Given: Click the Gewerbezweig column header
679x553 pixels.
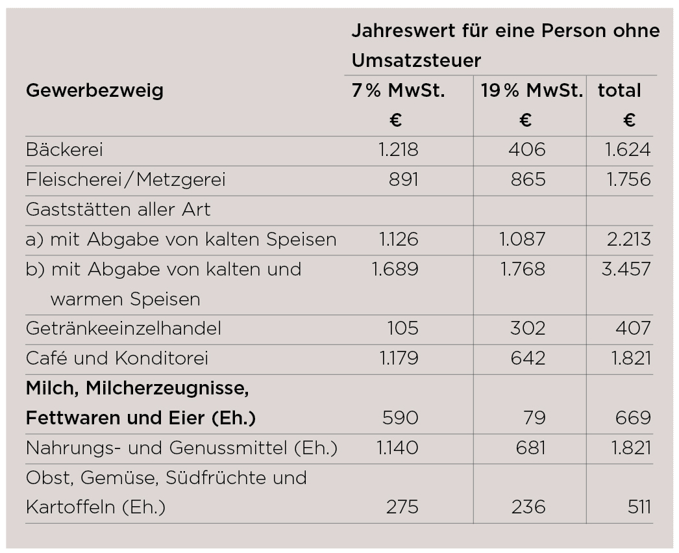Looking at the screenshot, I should [94, 90].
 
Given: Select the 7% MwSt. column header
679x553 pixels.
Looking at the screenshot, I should [398, 90].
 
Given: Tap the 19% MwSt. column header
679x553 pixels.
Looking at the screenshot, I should [532, 90].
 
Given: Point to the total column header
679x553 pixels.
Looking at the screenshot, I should [619, 90].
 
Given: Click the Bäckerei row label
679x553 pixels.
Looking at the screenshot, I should [64, 150].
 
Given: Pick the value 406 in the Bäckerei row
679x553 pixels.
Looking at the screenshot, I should [526, 150].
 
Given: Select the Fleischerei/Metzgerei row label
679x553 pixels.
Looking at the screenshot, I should [125, 179].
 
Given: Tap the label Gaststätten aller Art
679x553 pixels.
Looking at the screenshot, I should [118, 209].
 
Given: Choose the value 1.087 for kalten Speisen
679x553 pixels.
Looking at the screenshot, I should [522, 239].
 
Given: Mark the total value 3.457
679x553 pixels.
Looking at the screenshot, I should [626, 268].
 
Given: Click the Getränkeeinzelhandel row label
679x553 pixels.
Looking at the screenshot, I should [123, 328].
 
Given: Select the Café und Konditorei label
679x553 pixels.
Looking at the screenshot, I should [117, 358].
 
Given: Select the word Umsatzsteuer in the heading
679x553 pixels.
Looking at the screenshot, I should [416, 60].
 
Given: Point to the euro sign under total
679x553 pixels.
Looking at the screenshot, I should [628, 120].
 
